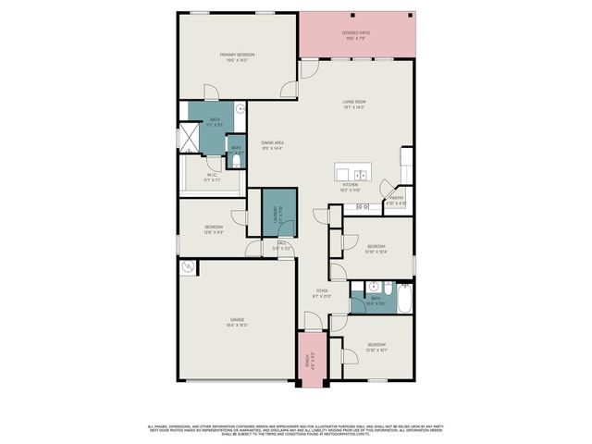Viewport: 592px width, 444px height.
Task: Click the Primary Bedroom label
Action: (x=237, y=55)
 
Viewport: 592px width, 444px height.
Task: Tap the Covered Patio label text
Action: (x=357, y=32)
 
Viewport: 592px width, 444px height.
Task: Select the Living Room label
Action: (x=354, y=102)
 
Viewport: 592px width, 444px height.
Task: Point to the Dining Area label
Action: (x=271, y=142)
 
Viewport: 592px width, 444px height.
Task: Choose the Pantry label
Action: (x=396, y=197)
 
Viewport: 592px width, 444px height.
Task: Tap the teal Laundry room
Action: (x=277, y=214)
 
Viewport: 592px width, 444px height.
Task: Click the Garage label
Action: (x=237, y=319)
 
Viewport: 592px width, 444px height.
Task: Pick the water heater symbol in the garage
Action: (x=189, y=267)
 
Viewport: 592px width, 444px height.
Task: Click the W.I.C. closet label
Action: (x=212, y=174)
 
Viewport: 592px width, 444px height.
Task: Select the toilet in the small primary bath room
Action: (x=237, y=162)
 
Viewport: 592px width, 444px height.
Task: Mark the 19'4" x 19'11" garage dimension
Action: (x=237, y=326)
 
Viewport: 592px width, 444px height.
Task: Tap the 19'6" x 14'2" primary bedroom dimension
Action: (x=237, y=61)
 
